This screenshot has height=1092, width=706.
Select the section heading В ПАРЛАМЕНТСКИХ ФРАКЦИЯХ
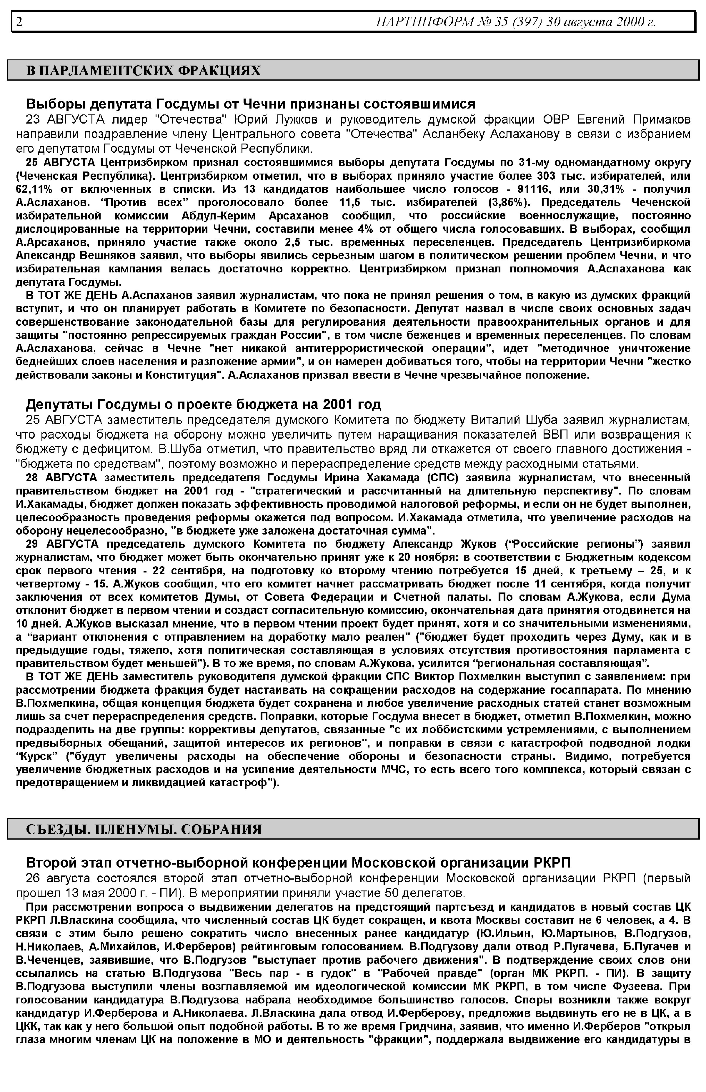pos(143,71)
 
